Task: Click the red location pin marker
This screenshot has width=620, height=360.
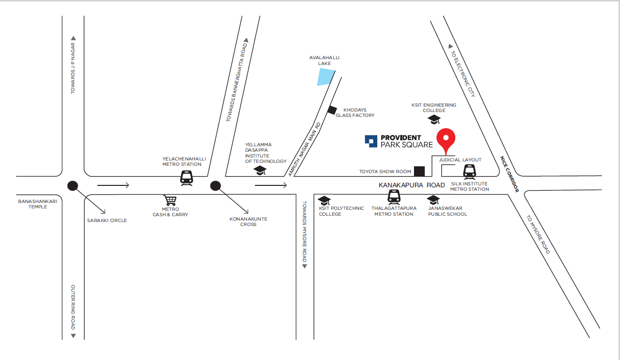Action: click(x=446, y=139)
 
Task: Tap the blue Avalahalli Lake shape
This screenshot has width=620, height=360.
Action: click(x=325, y=77)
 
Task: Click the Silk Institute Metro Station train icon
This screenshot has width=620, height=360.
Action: click(x=469, y=171)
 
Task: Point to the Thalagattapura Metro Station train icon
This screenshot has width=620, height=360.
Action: click(x=394, y=197)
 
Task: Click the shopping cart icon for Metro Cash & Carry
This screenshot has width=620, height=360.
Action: click(x=170, y=200)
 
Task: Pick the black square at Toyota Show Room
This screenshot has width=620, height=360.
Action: click(x=419, y=171)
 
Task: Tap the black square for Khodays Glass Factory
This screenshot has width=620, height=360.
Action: click(x=332, y=110)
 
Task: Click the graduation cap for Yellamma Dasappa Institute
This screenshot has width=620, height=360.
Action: click(x=259, y=170)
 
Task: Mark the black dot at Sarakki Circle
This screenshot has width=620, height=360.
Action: click(x=73, y=185)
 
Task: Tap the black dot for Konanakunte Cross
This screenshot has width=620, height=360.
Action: click(x=215, y=185)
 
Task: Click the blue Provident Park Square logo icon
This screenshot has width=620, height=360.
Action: click(x=371, y=141)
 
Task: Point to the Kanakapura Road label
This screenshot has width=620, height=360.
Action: click(x=412, y=185)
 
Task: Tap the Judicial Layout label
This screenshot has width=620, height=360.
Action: click(x=460, y=160)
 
